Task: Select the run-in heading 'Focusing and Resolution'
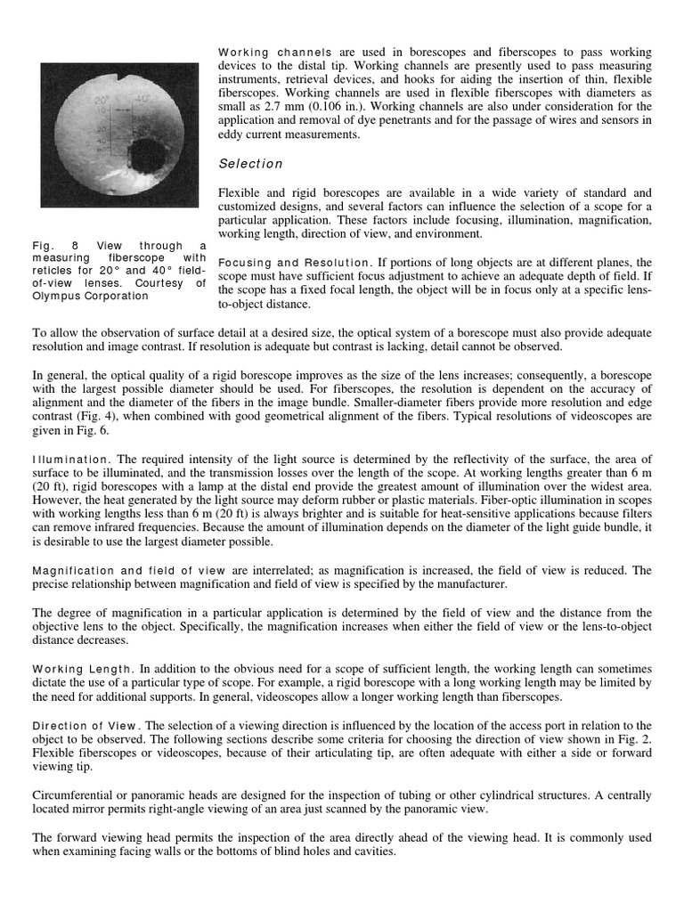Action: [x=293, y=263]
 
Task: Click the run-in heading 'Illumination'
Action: [x=71, y=459]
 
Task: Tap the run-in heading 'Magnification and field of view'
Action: [x=128, y=570]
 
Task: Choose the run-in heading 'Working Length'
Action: [x=82, y=668]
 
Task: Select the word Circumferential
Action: [x=76, y=795]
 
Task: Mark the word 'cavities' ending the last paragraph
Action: [x=373, y=852]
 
